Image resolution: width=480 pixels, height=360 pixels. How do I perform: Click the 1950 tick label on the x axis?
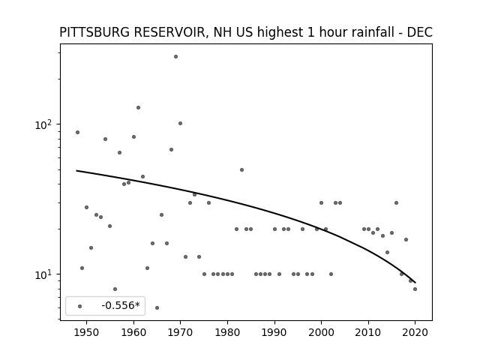click(x=87, y=332)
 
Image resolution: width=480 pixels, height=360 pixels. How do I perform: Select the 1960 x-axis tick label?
click(x=133, y=332)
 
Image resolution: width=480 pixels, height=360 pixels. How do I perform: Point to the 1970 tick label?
click(x=180, y=332)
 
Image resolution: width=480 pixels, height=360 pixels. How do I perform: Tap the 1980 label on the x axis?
click(x=227, y=332)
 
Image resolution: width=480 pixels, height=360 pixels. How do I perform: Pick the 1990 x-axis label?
click(x=274, y=332)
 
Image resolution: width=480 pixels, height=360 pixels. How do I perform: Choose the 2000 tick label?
click(x=321, y=332)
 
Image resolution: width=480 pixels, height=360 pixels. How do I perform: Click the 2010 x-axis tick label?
click(x=368, y=332)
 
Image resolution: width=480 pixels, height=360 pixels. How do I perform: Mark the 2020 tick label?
click(x=415, y=332)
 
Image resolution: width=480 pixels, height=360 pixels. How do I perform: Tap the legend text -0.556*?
click(x=121, y=305)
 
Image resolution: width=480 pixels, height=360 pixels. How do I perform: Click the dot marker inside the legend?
click(x=80, y=307)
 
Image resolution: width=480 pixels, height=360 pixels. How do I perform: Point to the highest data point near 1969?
click(x=175, y=57)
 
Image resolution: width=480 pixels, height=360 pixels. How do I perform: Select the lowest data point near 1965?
click(x=157, y=308)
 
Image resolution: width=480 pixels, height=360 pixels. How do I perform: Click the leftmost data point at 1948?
click(x=77, y=133)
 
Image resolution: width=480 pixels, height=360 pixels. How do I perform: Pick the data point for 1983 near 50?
click(x=241, y=170)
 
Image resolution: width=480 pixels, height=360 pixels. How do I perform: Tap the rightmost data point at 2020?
click(x=415, y=289)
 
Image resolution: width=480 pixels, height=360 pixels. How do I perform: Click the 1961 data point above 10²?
click(x=138, y=108)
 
